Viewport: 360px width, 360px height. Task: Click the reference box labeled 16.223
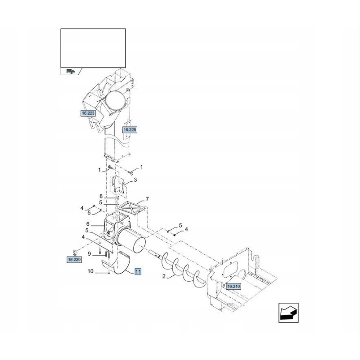click(x=88, y=113)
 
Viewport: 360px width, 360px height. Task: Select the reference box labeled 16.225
click(x=130, y=130)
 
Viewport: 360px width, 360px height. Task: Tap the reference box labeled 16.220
click(x=74, y=260)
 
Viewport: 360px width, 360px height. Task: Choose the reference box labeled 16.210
click(x=233, y=286)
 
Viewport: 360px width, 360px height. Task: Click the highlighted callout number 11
click(x=138, y=272)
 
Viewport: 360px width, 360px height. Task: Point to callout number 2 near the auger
click(x=164, y=276)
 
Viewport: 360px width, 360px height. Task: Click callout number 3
click(x=135, y=180)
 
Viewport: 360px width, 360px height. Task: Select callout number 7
click(x=147, y=199)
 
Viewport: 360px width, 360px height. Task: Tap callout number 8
click(x=101, y=196)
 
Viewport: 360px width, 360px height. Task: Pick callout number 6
click(x=88, y=224)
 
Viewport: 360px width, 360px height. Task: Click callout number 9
click(x=89, y=254)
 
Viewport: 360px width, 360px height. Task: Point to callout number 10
click(x=90, y=271)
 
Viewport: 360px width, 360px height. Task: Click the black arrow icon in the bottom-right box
click(x=288, y=313)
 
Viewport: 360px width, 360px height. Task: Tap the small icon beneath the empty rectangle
click(x=71, y=71)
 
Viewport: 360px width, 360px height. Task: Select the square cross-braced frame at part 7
click(x=132, y=208)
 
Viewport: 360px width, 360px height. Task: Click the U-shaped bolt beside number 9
click(x=108, y=255)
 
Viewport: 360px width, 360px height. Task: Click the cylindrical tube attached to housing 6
click(x=130, y=240)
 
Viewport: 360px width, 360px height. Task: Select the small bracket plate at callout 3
click(x=118, y=184)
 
